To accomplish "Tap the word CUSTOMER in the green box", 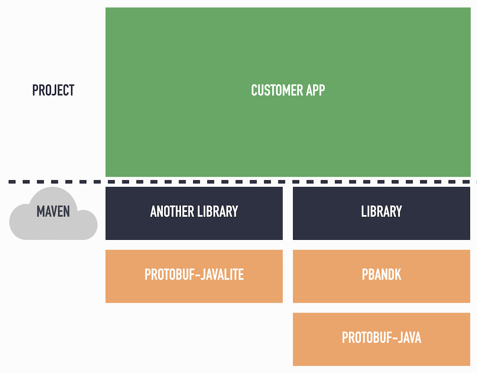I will (x=272, y=90).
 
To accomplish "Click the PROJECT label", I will (x=53, y=90).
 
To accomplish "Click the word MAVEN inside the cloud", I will (x=53, y=212).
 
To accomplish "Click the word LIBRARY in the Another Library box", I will (x=218, y=211).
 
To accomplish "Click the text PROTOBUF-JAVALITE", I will (x=194, y=275).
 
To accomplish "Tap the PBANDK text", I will (x=381, y=275).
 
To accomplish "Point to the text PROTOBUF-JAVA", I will (x=381, y=338).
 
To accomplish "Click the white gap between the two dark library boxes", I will (x=288, y=213).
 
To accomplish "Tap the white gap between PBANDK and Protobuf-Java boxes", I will (x=381, y=308).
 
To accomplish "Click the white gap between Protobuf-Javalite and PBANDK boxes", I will (x=288, y=276).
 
